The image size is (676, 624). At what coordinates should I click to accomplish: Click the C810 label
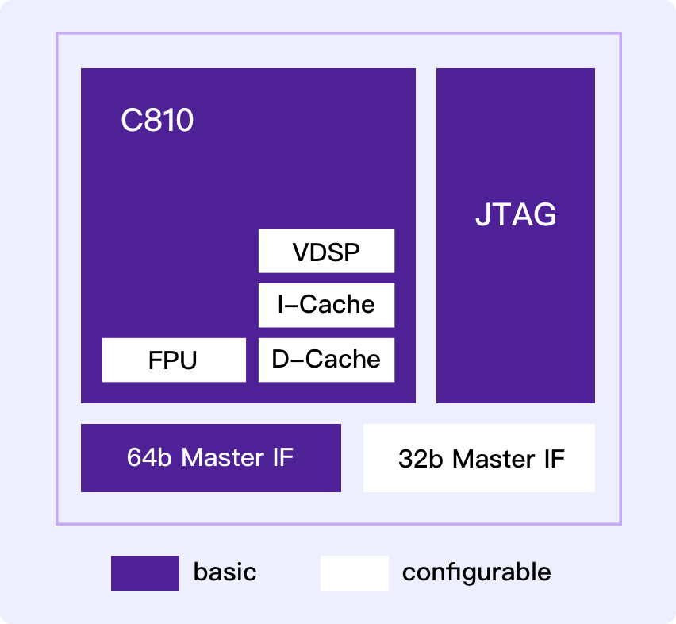[x=157, y=121]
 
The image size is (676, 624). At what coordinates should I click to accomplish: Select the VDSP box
[x=326, y=252]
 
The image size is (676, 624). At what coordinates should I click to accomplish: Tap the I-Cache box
[x=326, y=305]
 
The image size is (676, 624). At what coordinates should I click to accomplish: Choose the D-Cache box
[x=326, y=360]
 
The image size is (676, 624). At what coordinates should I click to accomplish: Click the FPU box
[x=174, y=360]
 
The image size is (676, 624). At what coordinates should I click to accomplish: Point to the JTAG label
[x=516, y=215]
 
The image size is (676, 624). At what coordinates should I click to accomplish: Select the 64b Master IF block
[x=211, y=458]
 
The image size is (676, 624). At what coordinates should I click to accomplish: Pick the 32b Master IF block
[x=479, y=458]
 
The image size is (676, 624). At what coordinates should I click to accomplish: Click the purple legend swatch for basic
[x=145, y=573]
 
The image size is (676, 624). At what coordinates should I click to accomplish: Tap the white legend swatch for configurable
[x=355, y=573]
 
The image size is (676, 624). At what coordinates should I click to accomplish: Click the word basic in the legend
[x=225, y=572]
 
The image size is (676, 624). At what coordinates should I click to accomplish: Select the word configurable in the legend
[x=476, y=572]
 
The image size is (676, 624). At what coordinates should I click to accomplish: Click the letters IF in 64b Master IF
[x=282, y=458]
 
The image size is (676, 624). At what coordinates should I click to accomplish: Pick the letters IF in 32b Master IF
[x=552, y=459]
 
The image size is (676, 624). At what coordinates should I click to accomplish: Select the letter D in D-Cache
[x=279, y=360]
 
